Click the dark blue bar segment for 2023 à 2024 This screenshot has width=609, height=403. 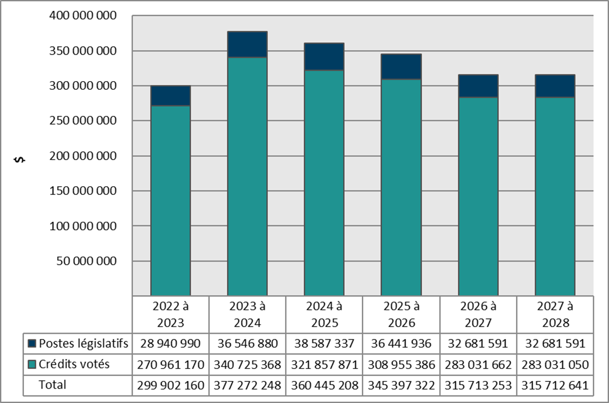click(247, 45)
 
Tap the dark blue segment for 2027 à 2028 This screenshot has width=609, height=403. click(555, 86)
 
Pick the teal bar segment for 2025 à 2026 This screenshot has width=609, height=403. click(401, 187)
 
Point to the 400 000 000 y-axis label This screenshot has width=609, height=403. click(84, 16)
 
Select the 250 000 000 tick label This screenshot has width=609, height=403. click(84, 121)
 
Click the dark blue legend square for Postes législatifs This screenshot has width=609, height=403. click(32, 344)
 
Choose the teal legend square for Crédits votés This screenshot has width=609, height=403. click(32, 365)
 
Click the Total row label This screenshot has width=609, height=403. click(52, 384)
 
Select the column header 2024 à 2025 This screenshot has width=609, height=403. click(324, 314)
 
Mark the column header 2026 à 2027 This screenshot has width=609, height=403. click(478, 314)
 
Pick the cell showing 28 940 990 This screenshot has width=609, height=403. click(170, 344)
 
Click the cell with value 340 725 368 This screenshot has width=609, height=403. click(247, 365)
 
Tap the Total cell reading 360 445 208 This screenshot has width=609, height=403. click(324, 385)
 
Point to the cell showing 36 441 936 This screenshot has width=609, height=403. click(401, 344)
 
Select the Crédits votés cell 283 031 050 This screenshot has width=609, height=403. click(555, 365)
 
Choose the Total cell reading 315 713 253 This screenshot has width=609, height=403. click(478, 385)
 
